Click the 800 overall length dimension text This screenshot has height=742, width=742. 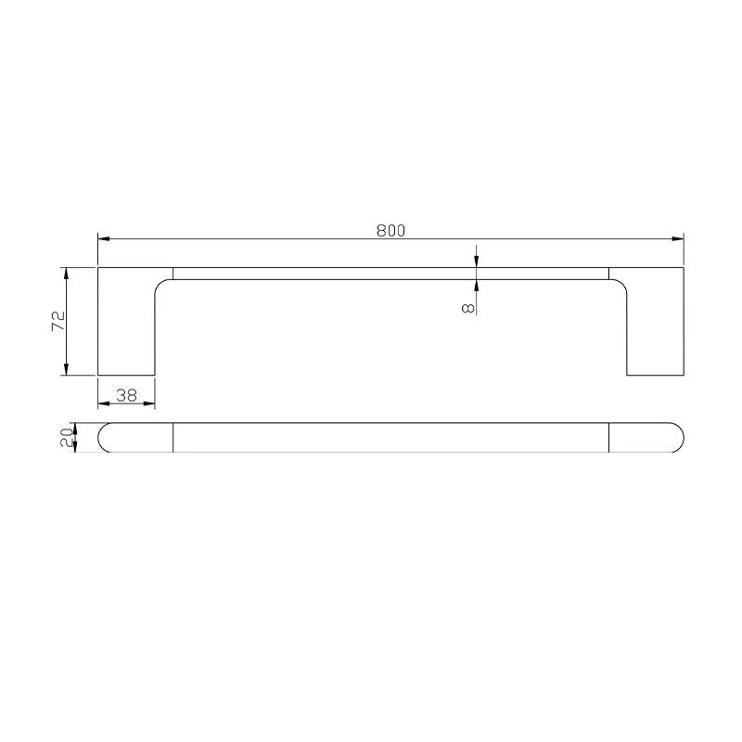[390, 231]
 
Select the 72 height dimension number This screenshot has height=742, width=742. [58, 321]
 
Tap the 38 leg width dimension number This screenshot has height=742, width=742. [126, 395]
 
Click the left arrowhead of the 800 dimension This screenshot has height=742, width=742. [103, 239]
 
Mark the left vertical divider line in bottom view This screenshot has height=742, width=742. [173, 437]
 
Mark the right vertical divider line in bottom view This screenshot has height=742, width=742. [608, 437]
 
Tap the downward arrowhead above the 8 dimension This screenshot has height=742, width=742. [476, 262]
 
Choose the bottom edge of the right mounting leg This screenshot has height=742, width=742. [656, 376]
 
